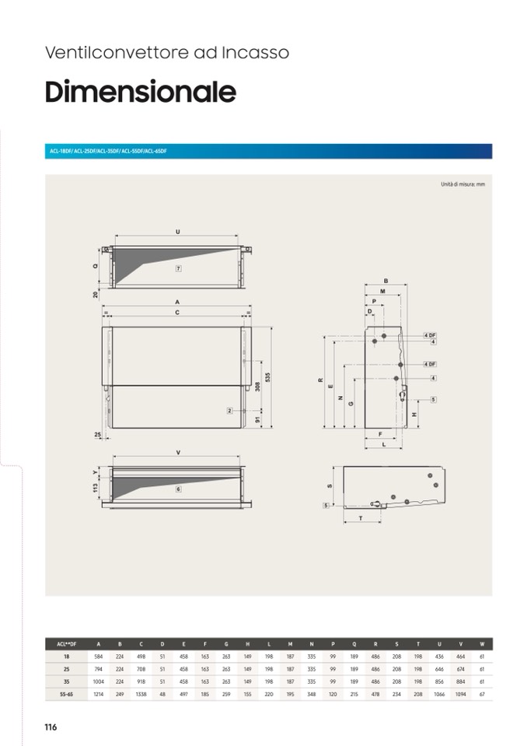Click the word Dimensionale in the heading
click(x=140, y=92)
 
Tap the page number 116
click(x=51, y=727)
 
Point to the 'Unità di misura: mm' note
click(x=462, y=184)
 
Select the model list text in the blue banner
click(x=108, y=151)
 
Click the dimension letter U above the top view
click(x=178, y=232)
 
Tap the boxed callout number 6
click(x=178, y=489)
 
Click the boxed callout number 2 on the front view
click(x=230, y=410)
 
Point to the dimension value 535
click(x=267, y=377)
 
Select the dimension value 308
click(x=258, y=387)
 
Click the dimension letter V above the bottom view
click(x=178, y=452)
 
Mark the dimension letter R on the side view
click(x=320, y=380)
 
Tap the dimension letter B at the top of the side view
click(x=386, y=280)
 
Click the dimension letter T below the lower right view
click(x=361, y=517)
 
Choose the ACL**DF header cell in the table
click(x=66, y=644)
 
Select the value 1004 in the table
click(x=98, y=681)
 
